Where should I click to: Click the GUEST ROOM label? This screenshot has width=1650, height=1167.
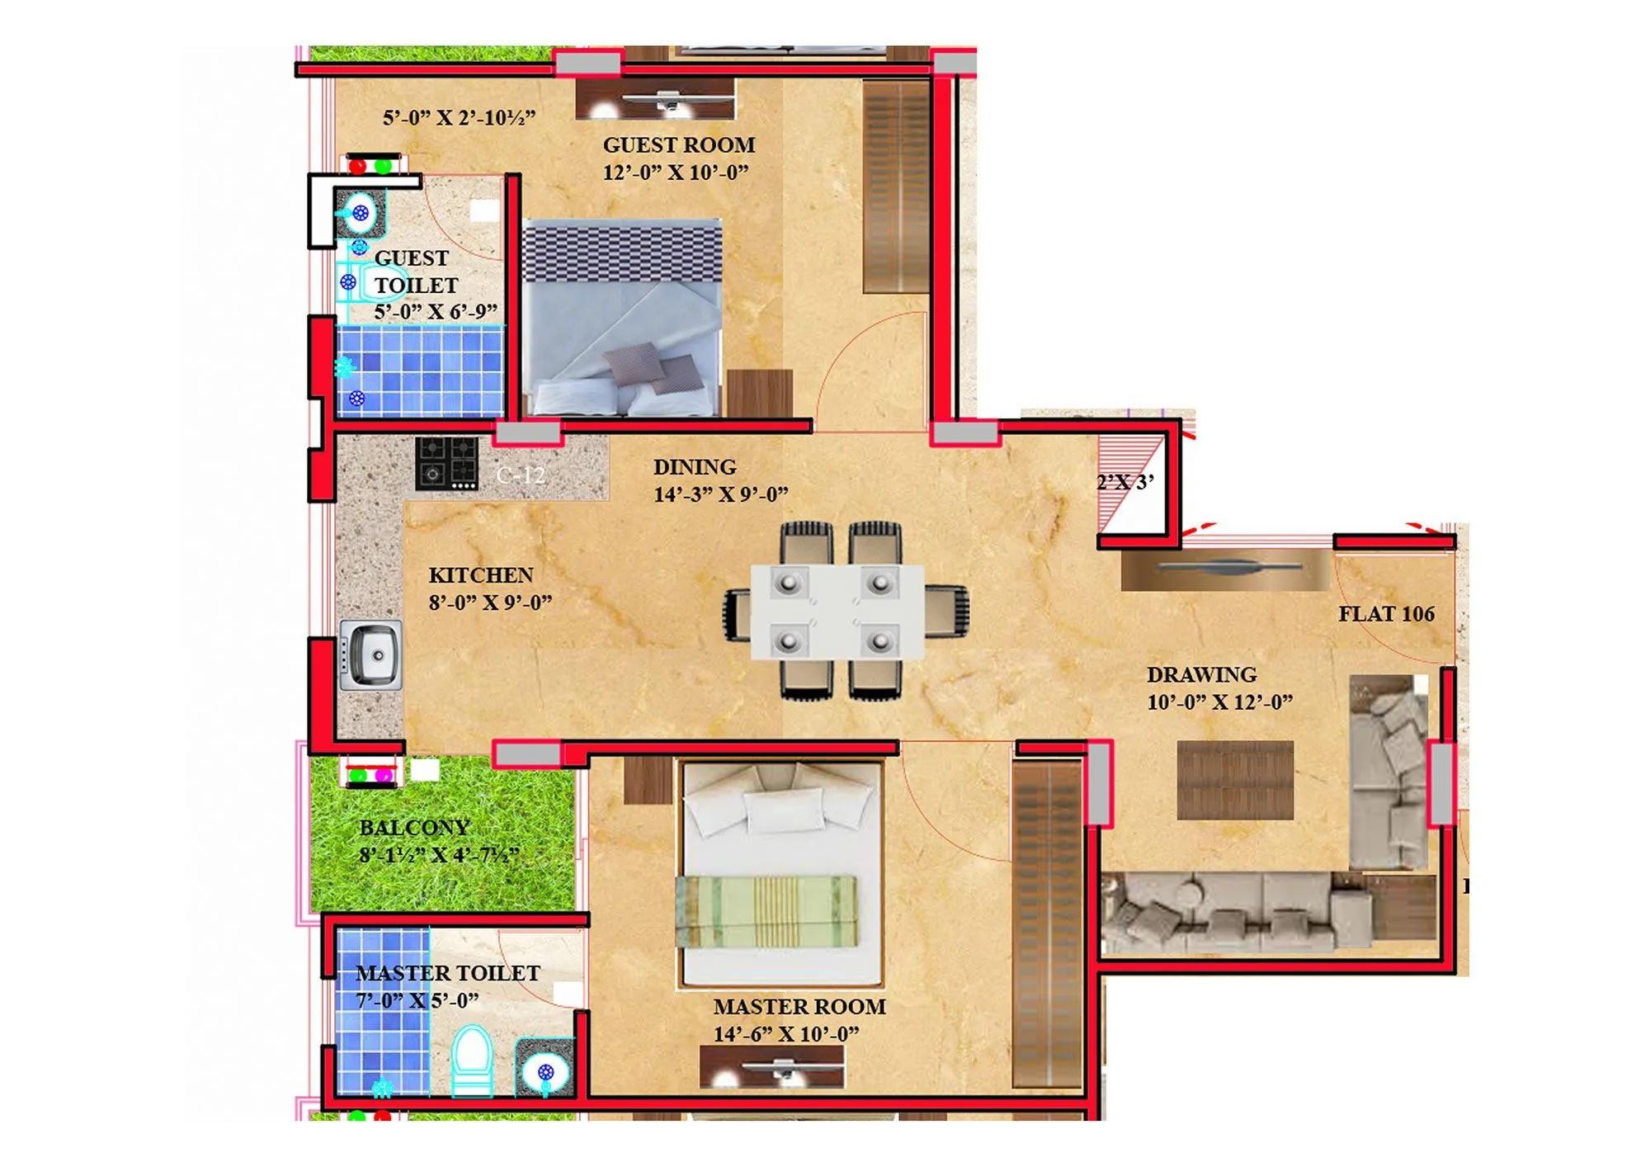(x=678, y=145)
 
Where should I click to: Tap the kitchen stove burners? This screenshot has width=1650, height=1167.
(x=446, y=463)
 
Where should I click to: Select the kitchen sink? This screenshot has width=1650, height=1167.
(x=371, y=654)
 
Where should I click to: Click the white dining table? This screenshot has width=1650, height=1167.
(x=837, y=612)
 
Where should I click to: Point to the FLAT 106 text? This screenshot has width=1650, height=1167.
(x=1386, y=614)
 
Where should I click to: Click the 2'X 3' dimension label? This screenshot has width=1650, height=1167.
(x=1124, y=483)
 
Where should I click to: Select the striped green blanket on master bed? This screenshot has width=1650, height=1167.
(x=766, y=911)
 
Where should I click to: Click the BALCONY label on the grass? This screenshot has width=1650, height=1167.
(x=414, y=828)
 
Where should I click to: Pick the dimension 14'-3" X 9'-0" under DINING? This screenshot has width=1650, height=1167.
(x=720, y=495)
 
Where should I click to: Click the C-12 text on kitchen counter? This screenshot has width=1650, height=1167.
(x=521, y=475)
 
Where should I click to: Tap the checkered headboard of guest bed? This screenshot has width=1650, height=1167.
(x=622, y=252)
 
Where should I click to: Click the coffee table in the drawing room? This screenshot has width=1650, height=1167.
(x=1234, y=780)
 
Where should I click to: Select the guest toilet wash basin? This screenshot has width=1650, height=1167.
(x=359, y=214)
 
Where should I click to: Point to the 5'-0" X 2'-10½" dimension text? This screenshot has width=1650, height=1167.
(x=459, y=118)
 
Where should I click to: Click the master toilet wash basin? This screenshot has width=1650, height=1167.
(x=544, y=1071)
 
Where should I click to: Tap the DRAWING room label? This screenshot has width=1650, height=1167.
(x=1201, y=675)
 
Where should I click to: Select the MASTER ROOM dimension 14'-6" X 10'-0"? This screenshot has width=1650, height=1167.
(x=785, y=1034)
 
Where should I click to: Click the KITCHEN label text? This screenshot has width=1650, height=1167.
(x=480, y=575)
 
